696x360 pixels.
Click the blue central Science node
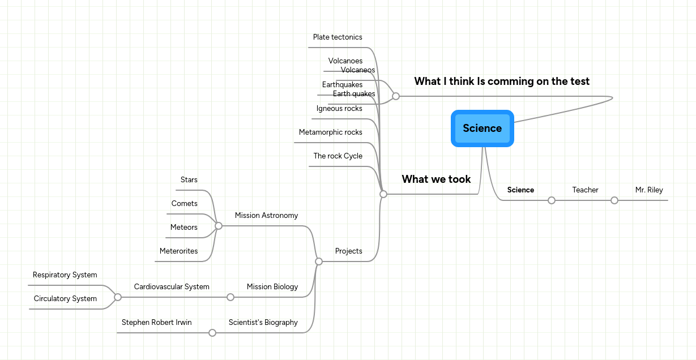click(482, 128)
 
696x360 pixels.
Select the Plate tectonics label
click(338, 37)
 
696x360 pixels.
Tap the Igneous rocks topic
click(339, 109)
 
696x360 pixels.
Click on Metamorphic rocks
click(331, 132)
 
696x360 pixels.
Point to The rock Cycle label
click(338, 156)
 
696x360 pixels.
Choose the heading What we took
click(436, 179)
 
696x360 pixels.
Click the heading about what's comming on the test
click(502, 82)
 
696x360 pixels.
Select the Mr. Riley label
click(649, 190)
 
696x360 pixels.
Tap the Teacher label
click(585, 190)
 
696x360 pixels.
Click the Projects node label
click(348, 251)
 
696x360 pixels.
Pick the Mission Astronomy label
click(266, 216)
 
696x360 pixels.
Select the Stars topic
click(189, 180)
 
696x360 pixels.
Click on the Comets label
click(185, 204)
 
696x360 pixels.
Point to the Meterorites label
click(179, 251)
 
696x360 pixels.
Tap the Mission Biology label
click(272, 287)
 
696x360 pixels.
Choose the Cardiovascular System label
click(172, 287)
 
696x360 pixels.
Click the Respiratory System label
click(65, 275)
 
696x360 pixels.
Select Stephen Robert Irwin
click(157, 323)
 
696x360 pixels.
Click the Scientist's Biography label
click(263, 323)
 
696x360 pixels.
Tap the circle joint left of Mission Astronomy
click(218, 226)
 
